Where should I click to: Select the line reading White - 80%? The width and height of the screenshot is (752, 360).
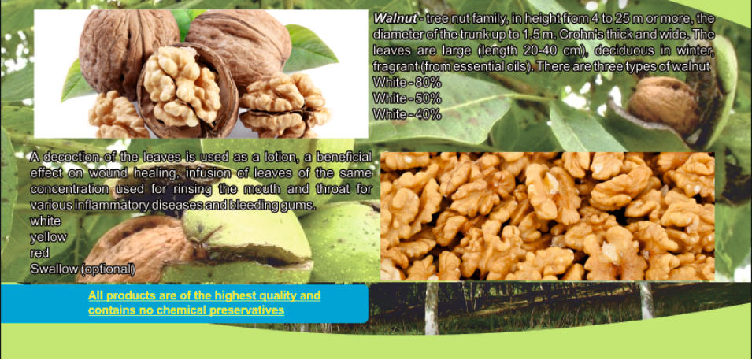pos(406,83)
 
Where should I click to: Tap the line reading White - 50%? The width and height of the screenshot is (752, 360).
pos(406,98)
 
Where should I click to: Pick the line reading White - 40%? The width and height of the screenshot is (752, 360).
pos(406,114)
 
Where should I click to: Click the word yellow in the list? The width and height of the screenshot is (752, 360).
pos(49,237)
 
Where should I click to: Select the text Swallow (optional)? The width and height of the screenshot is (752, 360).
pos(83,269)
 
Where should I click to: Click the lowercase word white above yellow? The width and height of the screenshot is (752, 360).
pos(46,221)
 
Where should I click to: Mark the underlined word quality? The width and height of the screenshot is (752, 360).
pos(273,295)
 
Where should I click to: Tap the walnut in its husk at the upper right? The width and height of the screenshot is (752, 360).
pos(665,106)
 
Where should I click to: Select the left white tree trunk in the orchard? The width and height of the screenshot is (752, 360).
pos(432,308)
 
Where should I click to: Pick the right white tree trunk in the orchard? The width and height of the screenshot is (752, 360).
pos(647,300)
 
